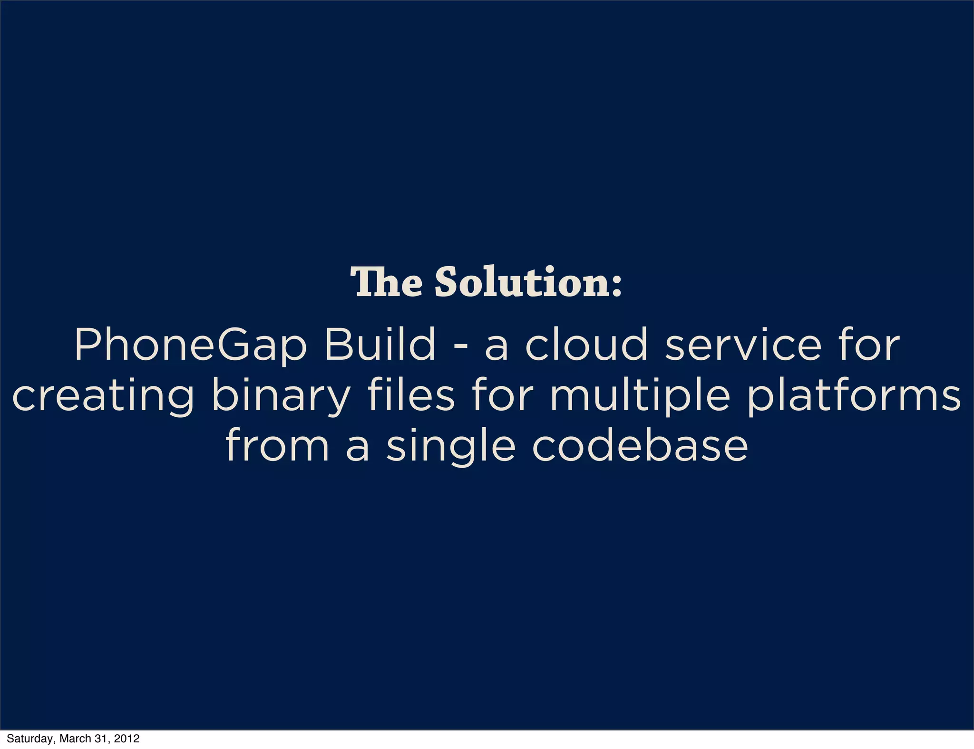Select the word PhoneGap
pyautogui.click(x=190, y=345)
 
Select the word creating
pyautogui.click(x=103, y=397)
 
